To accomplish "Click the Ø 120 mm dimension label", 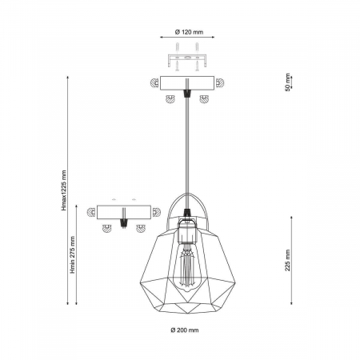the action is coord(189,32).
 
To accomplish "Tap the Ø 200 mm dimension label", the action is coord(185,330).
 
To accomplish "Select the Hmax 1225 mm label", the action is coord(64,190).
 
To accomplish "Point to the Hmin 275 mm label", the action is coord(73,254).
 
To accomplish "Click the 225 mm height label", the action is coord(287,260).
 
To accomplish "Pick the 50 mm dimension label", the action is coord(287,82).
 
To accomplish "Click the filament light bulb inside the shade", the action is coord(187,266).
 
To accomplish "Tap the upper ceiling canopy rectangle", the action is coord(187,83).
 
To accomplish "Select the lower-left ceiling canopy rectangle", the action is coord(124,212).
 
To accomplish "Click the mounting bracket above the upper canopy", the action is coord(187,60).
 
